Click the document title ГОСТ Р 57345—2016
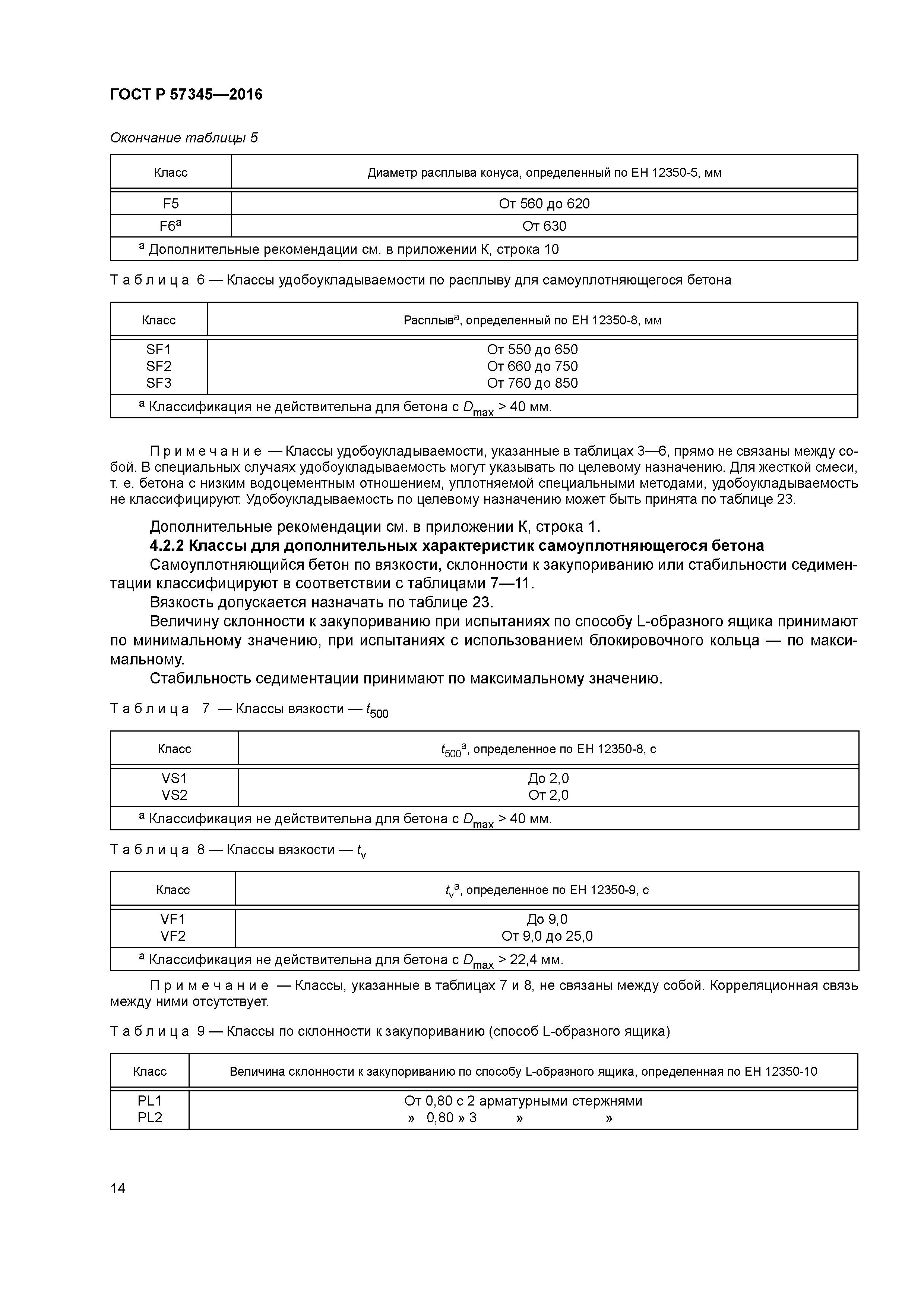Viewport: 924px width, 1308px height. pyautogui.click(x=186, y=95)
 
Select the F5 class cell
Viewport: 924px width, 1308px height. pyautogui.click(x=170, y=203)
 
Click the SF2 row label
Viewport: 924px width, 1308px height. pyautogui.click(x=158, y=366)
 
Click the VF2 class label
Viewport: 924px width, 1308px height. pyautogui.click(x=173, y=936)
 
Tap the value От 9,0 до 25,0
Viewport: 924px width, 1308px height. pyautogui.click(x=547, y=936)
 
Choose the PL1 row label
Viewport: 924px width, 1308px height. pyautogui.click(x=150, y=1101)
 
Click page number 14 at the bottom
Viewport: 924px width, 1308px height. pyautogui.click(x=118, y=1188)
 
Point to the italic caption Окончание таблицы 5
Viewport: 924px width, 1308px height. pyautogui.click(x=183, y=138)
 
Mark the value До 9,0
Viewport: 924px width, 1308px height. pyautogui.click(x=547, y=919)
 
